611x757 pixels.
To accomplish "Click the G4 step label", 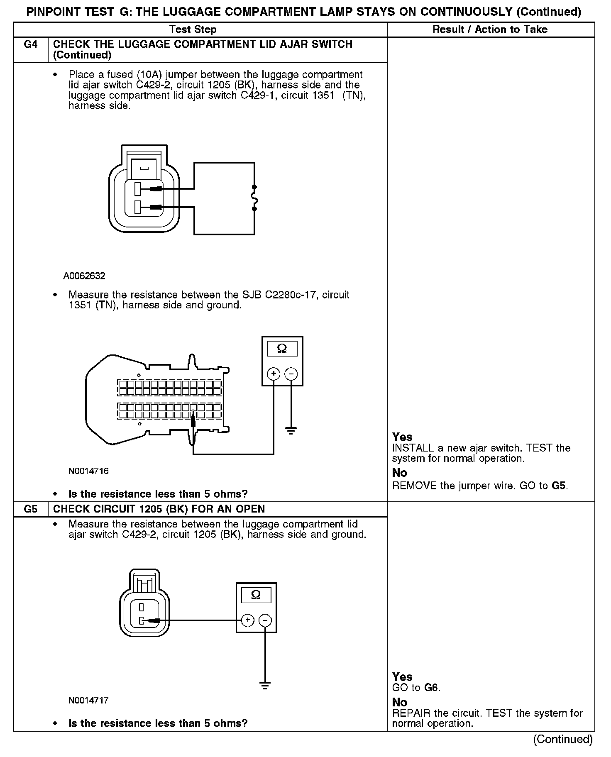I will pos(31,44).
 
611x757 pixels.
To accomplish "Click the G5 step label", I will pos(31,509).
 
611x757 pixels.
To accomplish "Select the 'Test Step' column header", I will pos(193,29).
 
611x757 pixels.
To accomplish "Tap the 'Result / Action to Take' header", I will pos(490,29).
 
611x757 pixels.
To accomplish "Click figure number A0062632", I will pos(84,276).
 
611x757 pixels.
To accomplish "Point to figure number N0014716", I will pos(88,471).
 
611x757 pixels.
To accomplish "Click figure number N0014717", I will pos(88,701).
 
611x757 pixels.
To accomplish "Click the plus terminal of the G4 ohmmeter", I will pos(274,374).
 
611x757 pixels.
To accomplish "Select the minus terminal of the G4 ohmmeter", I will pos(291,374).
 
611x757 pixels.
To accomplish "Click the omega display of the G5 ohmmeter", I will pos(256,595).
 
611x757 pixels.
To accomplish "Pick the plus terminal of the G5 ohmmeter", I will pos(247,620).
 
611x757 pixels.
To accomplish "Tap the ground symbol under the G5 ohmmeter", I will pos(265,686).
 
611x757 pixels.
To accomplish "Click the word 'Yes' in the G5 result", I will pos(402,677).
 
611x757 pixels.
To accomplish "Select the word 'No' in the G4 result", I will pos(400,473).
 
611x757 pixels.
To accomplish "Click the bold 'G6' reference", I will pos(432,688).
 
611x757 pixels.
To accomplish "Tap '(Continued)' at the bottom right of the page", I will pos(563,739).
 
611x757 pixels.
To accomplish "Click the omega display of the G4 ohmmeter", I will pos(282,349).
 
